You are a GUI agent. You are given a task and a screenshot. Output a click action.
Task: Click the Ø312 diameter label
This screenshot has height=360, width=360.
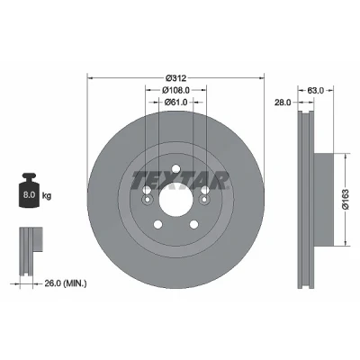tap(175, 78)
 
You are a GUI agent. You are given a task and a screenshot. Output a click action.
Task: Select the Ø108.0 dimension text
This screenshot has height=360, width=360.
tap(175, 90)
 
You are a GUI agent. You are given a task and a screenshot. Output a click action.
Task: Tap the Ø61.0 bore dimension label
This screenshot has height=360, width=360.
tap(175, 102)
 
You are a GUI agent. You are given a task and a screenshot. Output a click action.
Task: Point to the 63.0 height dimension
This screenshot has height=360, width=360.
tap(316, 90)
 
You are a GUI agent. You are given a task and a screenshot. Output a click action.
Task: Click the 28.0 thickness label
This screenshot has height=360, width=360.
tap(283, 103)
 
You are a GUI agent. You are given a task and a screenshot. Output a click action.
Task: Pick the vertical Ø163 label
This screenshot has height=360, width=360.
tap(346, 199)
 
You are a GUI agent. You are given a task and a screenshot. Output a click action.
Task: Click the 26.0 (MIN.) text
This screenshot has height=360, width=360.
tap(66, 283)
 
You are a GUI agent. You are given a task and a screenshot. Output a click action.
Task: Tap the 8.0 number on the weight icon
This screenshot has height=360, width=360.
tap(29, 195)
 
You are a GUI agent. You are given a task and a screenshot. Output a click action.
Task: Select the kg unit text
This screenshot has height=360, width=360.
tap(47, 196)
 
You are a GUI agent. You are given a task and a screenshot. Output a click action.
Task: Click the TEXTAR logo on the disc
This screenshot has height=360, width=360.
tap(180, 180)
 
